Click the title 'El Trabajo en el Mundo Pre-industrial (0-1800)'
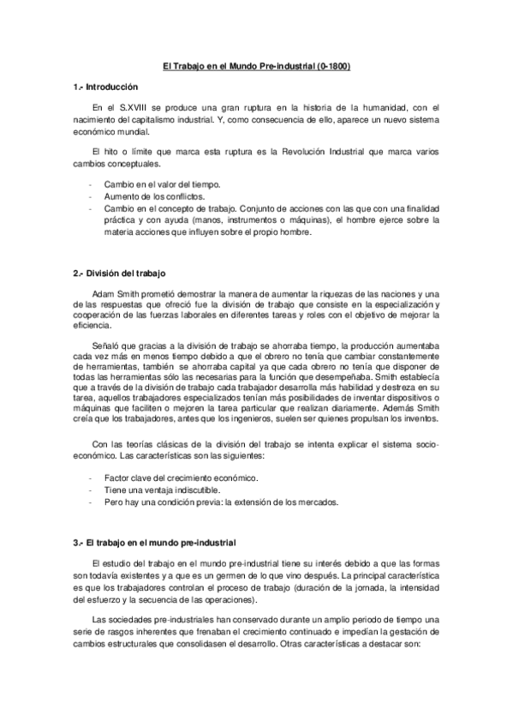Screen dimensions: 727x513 click(256, 65)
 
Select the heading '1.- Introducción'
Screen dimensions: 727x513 click(106, 87)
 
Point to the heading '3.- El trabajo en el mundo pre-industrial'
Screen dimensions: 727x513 click(153, 544)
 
